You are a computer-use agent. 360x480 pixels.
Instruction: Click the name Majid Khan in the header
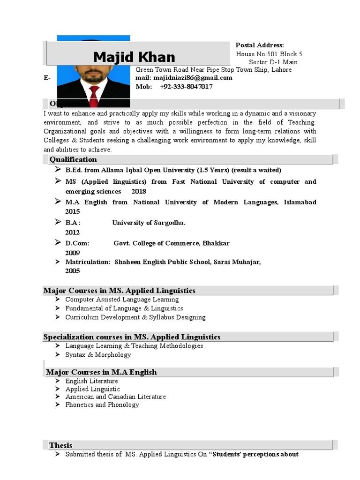[134, 57]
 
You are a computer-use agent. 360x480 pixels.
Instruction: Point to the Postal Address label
[259, 45]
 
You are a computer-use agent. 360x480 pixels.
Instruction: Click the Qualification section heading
[73, 160]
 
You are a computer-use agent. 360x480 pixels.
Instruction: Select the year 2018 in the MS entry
[139, 192]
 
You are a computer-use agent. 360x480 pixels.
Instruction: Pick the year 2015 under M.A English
[73, 211]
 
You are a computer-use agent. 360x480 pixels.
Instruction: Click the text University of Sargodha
[149, 223]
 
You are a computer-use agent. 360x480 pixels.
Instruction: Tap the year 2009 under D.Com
[73, 253]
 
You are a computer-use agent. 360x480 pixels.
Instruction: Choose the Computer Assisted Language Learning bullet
[122, 300]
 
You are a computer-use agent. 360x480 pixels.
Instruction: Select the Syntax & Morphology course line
[98, 355]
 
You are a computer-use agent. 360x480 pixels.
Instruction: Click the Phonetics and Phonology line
[102, 405]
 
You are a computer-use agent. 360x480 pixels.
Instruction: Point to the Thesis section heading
[61, 445]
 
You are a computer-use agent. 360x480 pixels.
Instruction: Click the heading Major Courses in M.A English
[101, 372]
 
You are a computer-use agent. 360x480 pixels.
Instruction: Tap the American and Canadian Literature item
[115, 397]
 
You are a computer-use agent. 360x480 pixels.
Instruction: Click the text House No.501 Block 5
[269, 54]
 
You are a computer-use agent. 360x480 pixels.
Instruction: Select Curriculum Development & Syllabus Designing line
[135, 317]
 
